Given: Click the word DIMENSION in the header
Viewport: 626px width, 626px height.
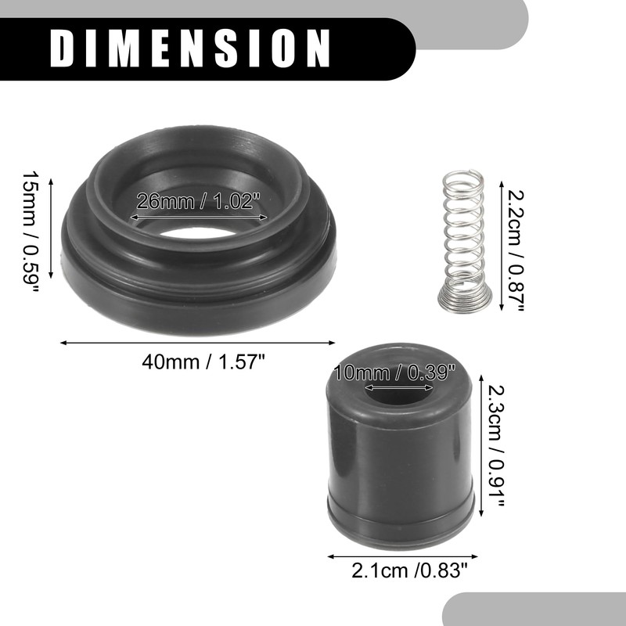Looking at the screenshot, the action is click(x=190, y=49).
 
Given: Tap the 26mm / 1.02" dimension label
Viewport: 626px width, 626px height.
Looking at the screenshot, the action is click(x=199, y=201).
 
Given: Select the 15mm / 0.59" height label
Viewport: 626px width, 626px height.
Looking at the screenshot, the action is click(x=31, y=232).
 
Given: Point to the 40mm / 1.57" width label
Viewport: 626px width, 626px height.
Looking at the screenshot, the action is click(x=203, y=362).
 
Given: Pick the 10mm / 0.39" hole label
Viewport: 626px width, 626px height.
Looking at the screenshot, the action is click(x=394, y=373).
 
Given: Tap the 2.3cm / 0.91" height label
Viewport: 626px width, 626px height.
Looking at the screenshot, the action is click(x=496, y=445).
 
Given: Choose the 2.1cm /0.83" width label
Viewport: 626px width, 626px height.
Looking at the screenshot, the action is click(x=409, y=570).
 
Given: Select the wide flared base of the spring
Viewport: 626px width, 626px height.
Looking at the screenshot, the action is click(x=465, y=297).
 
